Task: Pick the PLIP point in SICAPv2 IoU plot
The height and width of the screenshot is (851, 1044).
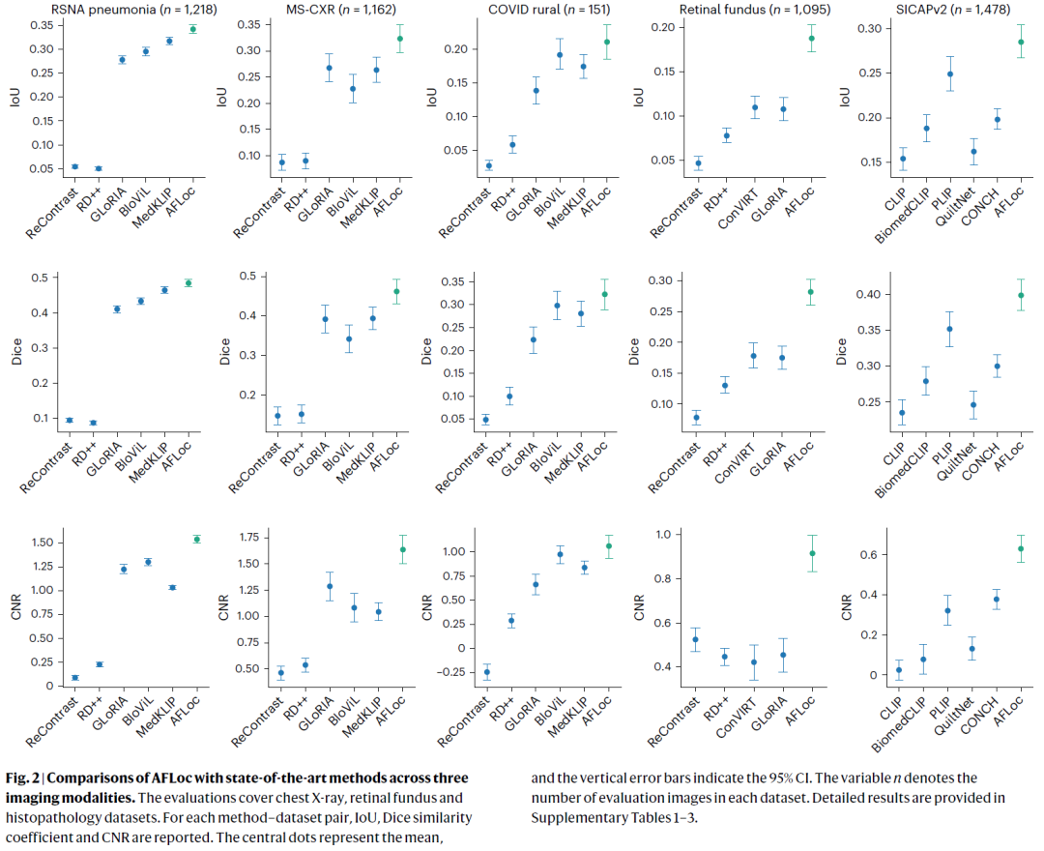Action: pyautogui.click(x=923, y=74)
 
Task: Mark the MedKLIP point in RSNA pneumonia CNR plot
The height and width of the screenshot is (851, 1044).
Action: pyautogui.click(x=172, y=587)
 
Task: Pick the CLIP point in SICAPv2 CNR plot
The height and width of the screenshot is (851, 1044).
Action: pyautogui.click(x=898, y=670)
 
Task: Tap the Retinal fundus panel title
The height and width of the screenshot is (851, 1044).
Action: pyautogui.click(x=744, y=10)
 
